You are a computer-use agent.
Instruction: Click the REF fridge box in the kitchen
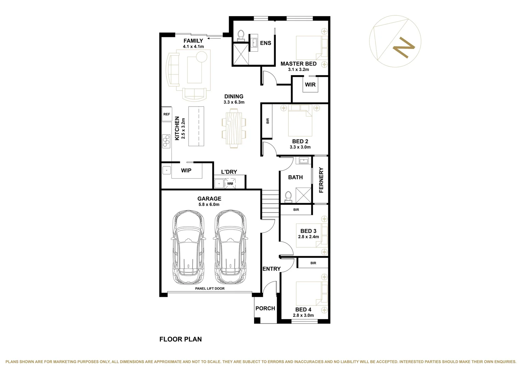pos(167,114)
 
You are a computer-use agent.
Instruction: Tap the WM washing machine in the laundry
pos(230,183)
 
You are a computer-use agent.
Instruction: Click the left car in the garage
pos(189,247)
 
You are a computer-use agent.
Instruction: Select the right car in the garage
pos(230,247)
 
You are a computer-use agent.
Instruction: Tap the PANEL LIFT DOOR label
pos(210,288)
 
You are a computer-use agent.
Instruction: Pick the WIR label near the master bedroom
pos(310,84)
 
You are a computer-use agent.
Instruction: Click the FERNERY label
pos(321,180)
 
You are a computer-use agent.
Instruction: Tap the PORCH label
pos(265,308)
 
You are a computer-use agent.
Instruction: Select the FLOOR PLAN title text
pos(180,339)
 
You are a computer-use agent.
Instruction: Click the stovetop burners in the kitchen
pos(166,141)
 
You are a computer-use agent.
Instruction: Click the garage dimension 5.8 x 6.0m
pos(209,204)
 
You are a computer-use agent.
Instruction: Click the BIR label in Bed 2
pos(267,121)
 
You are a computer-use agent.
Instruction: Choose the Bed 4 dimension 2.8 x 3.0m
pos(303,315)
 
